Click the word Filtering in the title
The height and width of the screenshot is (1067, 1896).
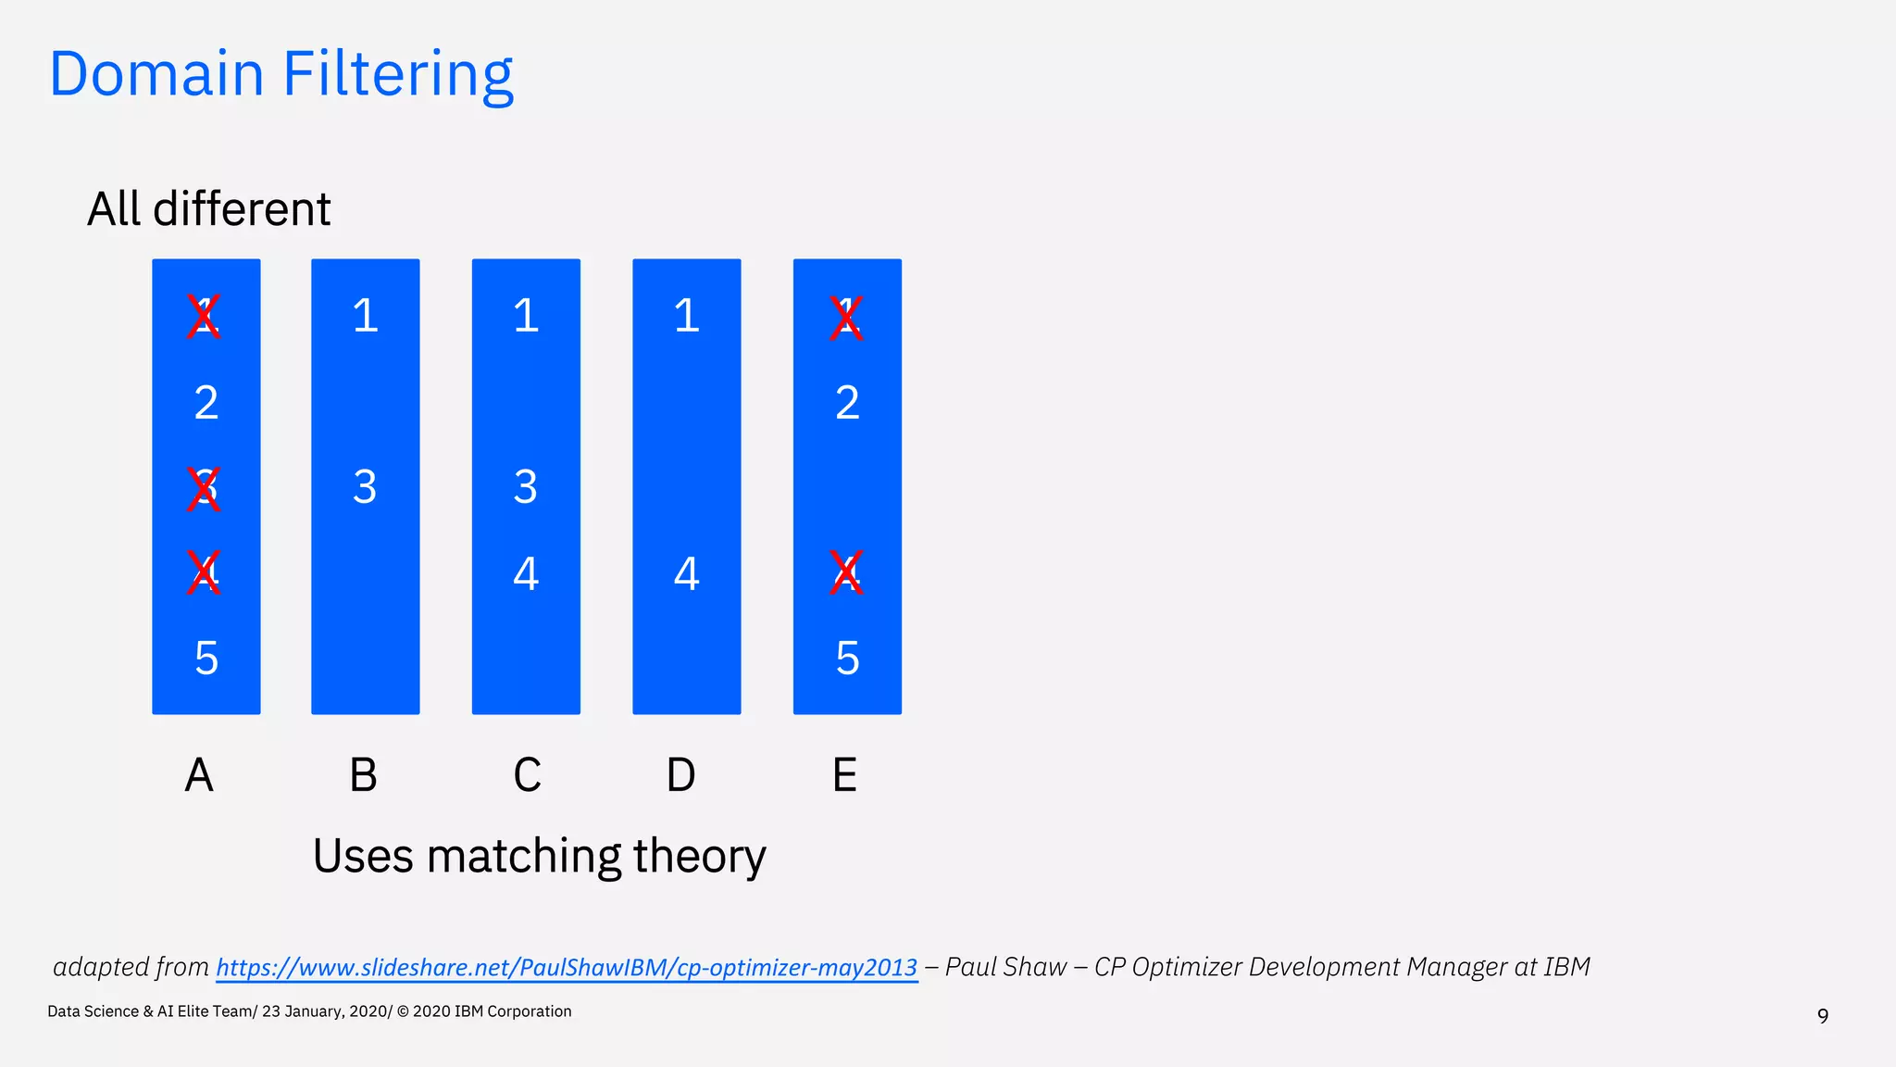tap(397, 74)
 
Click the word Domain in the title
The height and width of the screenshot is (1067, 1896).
tap(156, 74)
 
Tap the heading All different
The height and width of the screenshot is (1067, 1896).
tap(208, 209)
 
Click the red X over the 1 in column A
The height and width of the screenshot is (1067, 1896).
tap(204, 318)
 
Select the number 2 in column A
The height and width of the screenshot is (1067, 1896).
tap(206, 403)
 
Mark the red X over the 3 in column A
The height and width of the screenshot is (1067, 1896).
tap(204, 489)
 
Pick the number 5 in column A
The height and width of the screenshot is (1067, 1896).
tap(206, 659)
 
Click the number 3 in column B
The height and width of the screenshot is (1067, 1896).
tap(365, 487)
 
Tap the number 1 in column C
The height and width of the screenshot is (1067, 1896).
tap(526, 316)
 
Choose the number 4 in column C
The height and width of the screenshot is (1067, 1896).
tap(526, 573)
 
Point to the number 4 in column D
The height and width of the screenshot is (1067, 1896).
tap(686, 573)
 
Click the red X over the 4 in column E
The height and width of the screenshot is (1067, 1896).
tap(845, 573)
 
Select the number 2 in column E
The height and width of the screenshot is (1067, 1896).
tap(847, 403)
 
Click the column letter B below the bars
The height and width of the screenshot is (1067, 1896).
tap(363, 775)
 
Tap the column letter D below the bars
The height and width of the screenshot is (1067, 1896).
tap(680, 775)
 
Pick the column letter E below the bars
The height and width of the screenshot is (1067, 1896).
tap(844, 775)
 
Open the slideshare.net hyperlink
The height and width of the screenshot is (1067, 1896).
tap(567, 968)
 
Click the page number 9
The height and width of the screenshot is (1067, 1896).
tap(1822, 1016)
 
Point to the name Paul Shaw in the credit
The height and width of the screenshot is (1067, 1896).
tap(1005, 967)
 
